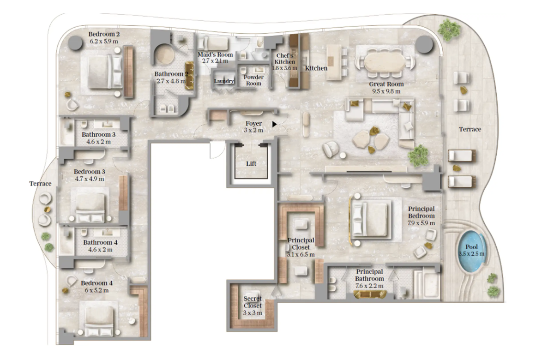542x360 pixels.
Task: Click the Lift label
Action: coord(251,163)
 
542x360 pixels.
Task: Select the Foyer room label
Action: coord(254,123)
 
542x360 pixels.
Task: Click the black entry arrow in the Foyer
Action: coord(274,124)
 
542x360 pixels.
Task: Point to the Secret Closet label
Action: coord(253,302)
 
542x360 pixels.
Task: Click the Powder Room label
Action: coord(253,80)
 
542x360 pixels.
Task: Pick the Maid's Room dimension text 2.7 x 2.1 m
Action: coord(215,61)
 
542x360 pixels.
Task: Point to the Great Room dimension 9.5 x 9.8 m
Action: coord(386,91)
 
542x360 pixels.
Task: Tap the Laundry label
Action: coord(224,81)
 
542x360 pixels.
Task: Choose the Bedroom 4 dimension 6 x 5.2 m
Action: coord(97,290)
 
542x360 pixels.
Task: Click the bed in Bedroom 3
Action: coord(90,207)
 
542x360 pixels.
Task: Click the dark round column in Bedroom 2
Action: coord(75,43)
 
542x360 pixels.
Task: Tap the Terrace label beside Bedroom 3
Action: coord(41,183)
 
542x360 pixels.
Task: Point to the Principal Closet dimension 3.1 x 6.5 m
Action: coord(301,254)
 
